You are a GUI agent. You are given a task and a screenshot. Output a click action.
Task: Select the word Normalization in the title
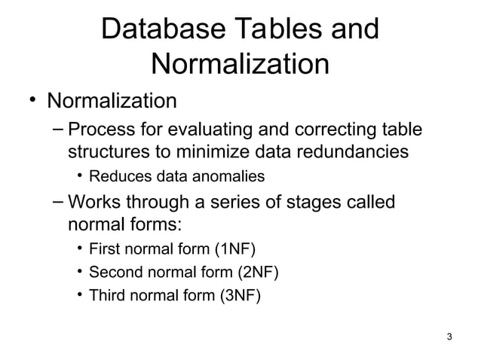point(240,66)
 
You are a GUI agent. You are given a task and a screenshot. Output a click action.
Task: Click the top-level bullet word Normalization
point(112,100)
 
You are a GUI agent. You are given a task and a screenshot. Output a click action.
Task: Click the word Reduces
point(115,177)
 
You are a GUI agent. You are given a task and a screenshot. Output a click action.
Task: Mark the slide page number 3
point(449,337)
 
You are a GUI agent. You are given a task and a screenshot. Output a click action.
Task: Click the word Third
point(106,295)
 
